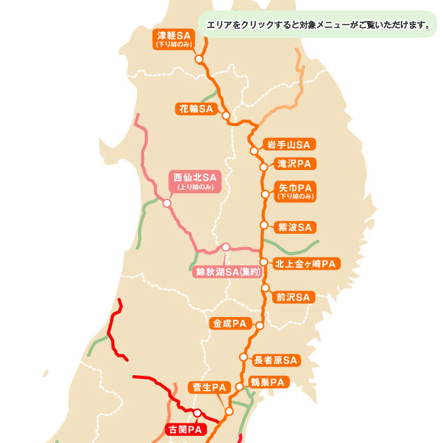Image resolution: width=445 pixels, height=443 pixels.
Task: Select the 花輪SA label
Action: [x=196, y=108]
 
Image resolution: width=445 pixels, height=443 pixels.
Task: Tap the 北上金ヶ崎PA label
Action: [x=306, y=264]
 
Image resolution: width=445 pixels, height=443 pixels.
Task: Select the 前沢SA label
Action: [x=292, y=297]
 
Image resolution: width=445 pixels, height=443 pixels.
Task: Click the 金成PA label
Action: [x=231, y=323]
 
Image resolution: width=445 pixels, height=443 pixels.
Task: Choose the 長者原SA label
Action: [x=276, y=360]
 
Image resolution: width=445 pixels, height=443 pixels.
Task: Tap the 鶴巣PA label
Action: [x=268, y=382]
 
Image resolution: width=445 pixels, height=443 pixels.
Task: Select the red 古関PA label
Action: [x=185, y=429]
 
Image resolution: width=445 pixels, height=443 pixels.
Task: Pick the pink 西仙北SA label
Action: [x=195, y=181]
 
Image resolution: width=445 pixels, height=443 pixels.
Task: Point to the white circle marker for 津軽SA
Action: [x=199, y=60]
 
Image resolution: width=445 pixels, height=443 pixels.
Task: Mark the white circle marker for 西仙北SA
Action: [x=167, y=204]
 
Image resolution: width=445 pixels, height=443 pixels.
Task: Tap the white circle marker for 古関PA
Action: [x=197, y=413]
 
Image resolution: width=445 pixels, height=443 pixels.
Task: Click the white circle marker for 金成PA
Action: [x=259, y=325]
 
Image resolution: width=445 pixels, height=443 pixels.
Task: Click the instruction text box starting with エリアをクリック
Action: [x=317, y=25]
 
